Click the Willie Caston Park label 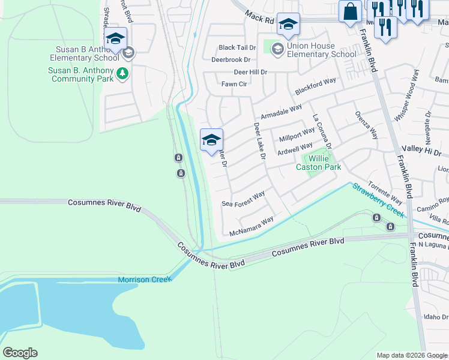click(318, 163)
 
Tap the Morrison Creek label click(145, 280)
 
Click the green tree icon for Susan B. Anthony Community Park click(122, 73)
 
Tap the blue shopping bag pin click(350, 11)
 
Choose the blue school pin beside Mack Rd click(288, 25)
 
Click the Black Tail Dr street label click(237, 47)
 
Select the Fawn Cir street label click(234, 84)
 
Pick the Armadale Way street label click(280, 112)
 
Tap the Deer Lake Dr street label click(259, 141)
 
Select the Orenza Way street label click(366, 124)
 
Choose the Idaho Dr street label click(436, 317)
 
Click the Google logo click(20, 352)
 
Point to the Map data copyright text click(412, 355)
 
